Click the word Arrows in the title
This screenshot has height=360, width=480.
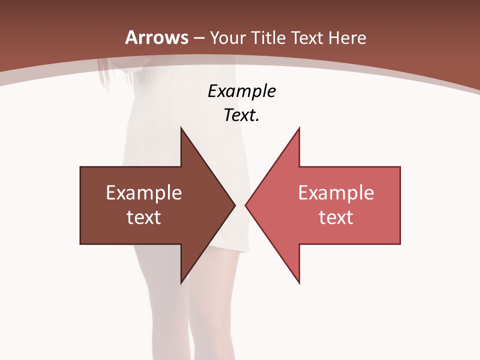click(156, 37)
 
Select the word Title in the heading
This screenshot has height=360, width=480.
click(268, 37)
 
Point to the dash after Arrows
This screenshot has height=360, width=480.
click(199, 38)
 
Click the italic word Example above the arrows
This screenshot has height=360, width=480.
click(241, 91)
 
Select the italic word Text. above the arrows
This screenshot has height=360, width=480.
click(241, 115)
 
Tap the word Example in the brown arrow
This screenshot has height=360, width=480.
click(144, 193)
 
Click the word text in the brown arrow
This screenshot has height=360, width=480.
click(144, 217)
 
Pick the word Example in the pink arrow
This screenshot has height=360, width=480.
click(336, 193)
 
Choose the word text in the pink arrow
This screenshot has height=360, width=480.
click(336, 217)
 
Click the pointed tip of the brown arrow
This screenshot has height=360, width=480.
click(234, 205)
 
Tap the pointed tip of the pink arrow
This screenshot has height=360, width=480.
click(246, 205)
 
